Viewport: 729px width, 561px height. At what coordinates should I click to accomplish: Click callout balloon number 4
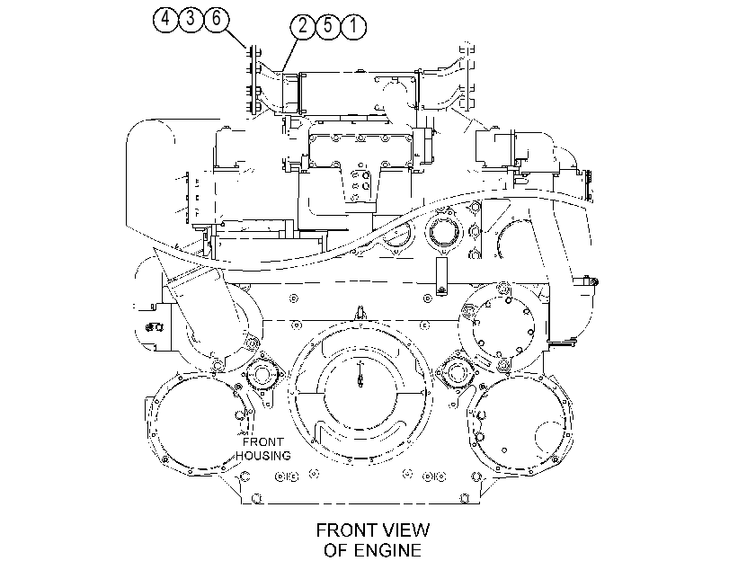[165, 20]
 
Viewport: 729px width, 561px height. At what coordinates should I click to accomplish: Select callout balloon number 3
[191, 20]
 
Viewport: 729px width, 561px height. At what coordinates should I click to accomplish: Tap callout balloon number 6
[216, 20]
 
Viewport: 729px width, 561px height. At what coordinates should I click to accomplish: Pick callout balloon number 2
[303, 26]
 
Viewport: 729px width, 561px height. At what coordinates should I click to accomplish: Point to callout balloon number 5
[328, 26]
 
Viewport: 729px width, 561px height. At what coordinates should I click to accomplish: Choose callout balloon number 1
[353, 26]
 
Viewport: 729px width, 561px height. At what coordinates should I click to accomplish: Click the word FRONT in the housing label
[262, 442]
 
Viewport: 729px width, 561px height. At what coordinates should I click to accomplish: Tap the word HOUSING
[263, 456]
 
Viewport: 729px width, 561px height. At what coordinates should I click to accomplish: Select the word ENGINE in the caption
[387, 550]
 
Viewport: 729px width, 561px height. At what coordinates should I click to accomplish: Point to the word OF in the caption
[336, 550]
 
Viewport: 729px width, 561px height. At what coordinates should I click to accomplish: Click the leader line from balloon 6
[236, 39]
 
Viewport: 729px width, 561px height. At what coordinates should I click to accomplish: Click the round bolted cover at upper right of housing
[503, 325]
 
